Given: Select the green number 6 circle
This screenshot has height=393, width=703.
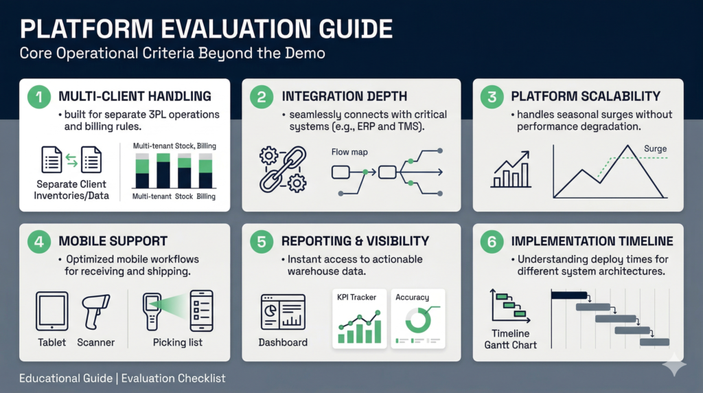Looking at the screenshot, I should pos(492,242).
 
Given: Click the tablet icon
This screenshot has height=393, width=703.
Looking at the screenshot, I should pos(52,311).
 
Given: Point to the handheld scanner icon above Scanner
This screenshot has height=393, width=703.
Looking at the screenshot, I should pos(95,311).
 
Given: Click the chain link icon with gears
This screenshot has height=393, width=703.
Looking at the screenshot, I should pos(281,168).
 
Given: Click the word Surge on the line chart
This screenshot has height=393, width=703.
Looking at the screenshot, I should pos(655,148).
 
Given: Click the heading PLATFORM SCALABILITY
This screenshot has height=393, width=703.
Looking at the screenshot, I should pos(585,96).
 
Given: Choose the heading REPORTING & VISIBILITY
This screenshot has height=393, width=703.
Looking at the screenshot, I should pos(355,241).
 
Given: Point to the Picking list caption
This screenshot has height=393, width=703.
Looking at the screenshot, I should pos(177,342).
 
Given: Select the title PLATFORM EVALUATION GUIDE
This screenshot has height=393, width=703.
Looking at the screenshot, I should pos(206,30).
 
